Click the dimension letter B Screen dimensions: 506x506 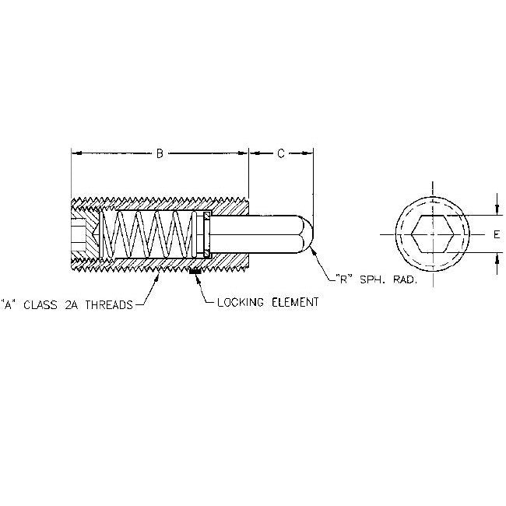click(x=160, y=153)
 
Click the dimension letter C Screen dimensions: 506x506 click(x=281, y=153)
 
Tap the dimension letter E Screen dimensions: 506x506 click(x=497, y=234)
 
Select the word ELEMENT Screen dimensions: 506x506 click(x=295, y=302)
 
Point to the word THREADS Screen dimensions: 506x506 click(x=109, y=305)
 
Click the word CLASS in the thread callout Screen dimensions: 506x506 click(x=40, y=305)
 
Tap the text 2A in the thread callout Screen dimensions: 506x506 click(x=72, y=305)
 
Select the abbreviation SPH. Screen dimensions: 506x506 click(x=372, y=279)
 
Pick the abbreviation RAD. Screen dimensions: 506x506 click(x=405, y=279)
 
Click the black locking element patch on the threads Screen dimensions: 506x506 click(x=195, y=272)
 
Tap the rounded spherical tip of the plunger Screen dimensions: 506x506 click(x=307, y=234)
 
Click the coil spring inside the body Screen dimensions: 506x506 click(x=149, y=234)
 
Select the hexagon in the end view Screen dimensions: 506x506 click(x=432, y=234)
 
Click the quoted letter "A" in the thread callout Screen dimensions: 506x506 click(x=6, y=305)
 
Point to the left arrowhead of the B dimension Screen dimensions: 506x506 click(x=76, y=153)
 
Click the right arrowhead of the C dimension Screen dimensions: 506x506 click(x=307, y=153)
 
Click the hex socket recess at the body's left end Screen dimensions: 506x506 click(x=78, y=234)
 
